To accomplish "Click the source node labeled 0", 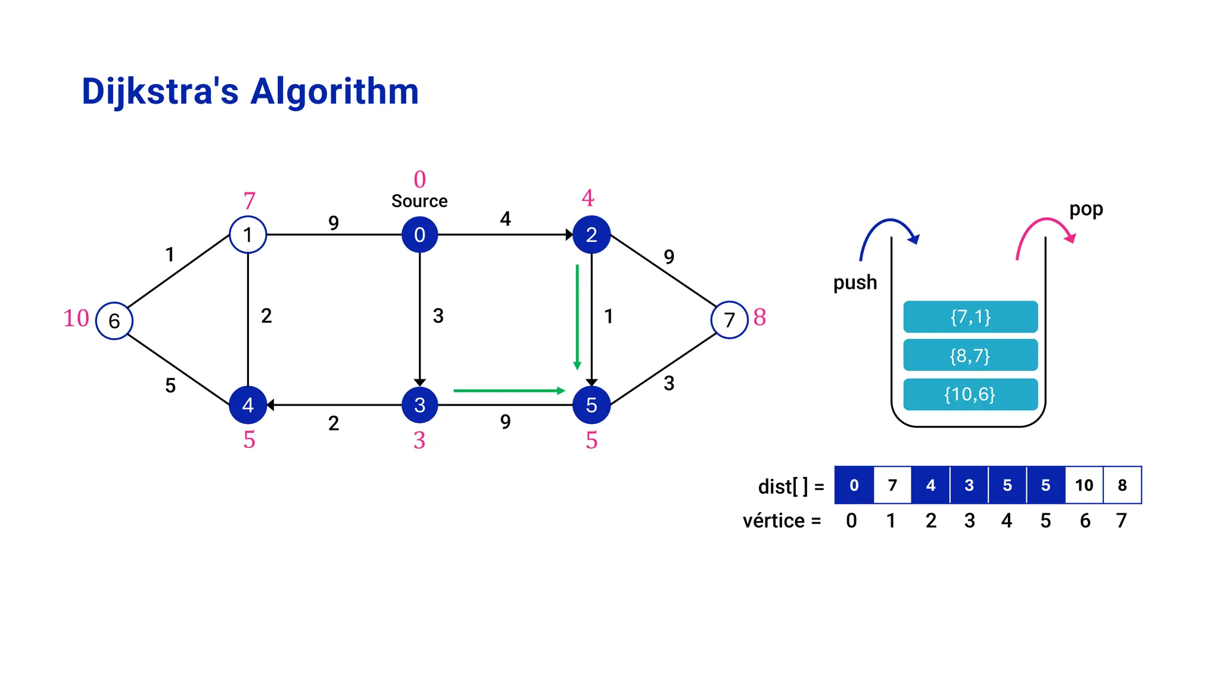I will click(419, 235).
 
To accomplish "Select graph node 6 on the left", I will click(114, 321).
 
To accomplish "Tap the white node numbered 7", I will click(729, 320).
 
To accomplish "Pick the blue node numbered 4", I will click(248, 405).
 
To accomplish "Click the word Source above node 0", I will click(419, 201).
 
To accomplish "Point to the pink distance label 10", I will click(76, 318).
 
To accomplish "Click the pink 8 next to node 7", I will click(760, 317).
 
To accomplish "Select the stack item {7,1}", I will click(970, 317).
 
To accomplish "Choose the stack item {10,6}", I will click(970, 394).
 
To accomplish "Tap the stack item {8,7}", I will click(970, 356).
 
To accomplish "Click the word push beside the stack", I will click(855, 282).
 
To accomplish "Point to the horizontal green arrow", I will click(509, 391).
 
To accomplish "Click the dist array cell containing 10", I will click(1084, 485).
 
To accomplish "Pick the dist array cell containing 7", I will click(892, 485).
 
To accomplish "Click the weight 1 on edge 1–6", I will click(170, 255).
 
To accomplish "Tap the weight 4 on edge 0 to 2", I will click(505, 219).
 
